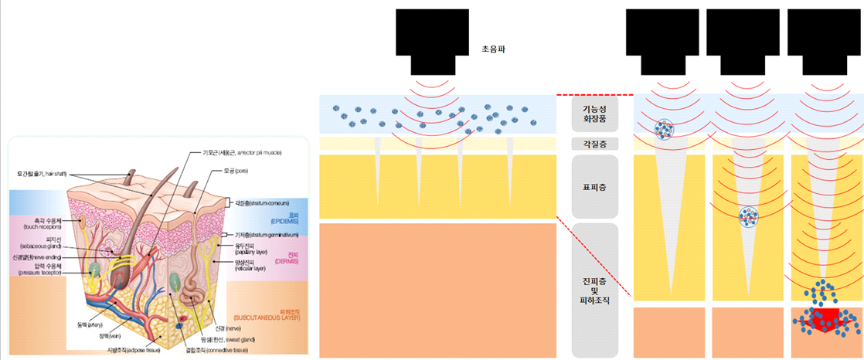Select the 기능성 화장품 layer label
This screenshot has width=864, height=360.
click(594, 114)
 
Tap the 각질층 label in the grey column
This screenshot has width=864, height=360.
click(594, 144)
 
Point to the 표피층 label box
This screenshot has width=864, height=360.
click(594, 185)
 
